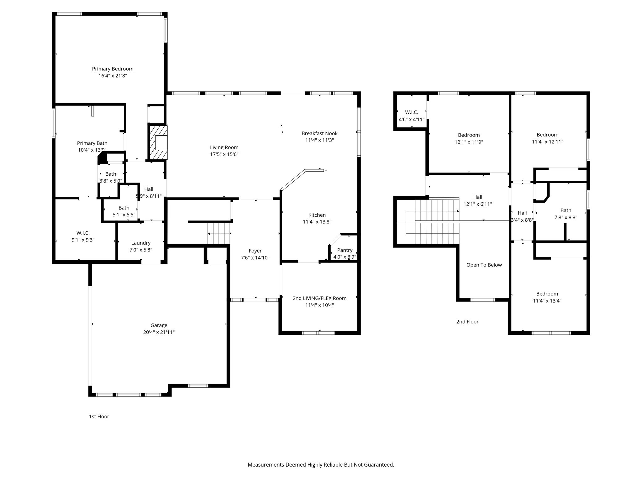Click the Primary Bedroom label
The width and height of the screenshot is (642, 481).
click(x=113, y=69)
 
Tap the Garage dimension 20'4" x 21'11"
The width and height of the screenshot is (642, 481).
click(x=159, y=332)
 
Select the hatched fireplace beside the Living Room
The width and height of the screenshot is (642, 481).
click(x=158, y=142)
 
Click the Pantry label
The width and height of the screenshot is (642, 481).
click(x=345, y=250)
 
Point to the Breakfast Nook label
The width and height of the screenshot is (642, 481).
click(x=319, y=133)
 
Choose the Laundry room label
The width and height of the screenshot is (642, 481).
click(x=141, y=243)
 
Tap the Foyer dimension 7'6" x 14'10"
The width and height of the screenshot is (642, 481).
click(x=255, y=258)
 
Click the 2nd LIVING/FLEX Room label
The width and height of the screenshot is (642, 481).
click(x=319, y=298)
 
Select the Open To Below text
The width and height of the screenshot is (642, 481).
click(x=484, y=265)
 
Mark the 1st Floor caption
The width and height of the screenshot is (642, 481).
click(x=99, y=416)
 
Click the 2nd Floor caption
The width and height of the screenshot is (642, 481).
click(x=467, y=322)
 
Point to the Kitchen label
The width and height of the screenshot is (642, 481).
click(x=317, y=215)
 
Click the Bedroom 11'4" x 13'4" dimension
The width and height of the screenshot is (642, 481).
click(x=547, y=301)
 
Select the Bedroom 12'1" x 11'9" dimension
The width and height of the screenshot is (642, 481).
click(x=469, y=142)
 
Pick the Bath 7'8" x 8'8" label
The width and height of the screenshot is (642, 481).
click(x=566, y=210)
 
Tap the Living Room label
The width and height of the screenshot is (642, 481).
click(x=224, y=147)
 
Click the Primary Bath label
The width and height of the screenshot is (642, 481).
click(x=92, y=143)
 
